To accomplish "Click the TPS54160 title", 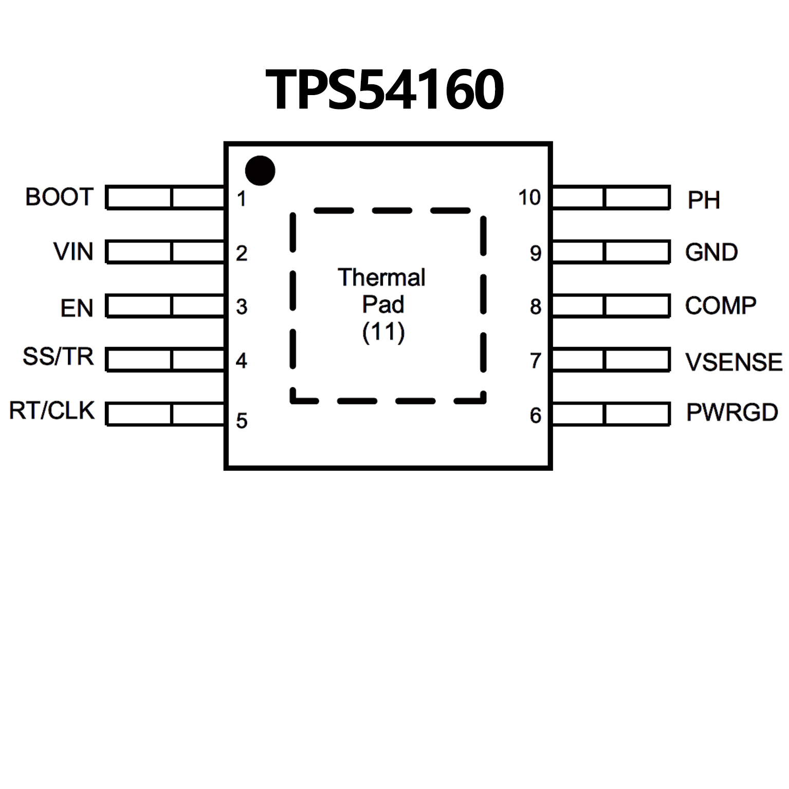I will point(384,90).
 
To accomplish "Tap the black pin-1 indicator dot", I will point(260,171).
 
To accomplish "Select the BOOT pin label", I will point(60,197).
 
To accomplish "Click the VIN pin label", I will point(74,252).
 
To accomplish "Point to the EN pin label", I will point(77,308).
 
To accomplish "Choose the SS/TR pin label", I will point(58,356).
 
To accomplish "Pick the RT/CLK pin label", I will point(52,411).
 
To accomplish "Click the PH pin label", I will point(704,200).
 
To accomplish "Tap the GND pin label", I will point(711,252).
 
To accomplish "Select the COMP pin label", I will point(721,306).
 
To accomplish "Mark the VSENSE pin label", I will point(734,362).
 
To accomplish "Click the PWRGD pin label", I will point(732,412).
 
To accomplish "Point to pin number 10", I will point(529,198).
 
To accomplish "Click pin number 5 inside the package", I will point(242,421).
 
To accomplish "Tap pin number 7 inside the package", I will point(536,361).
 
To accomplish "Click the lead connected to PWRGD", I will point(611,414).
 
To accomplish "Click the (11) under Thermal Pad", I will point(383,332).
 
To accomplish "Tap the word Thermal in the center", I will point(382,278).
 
